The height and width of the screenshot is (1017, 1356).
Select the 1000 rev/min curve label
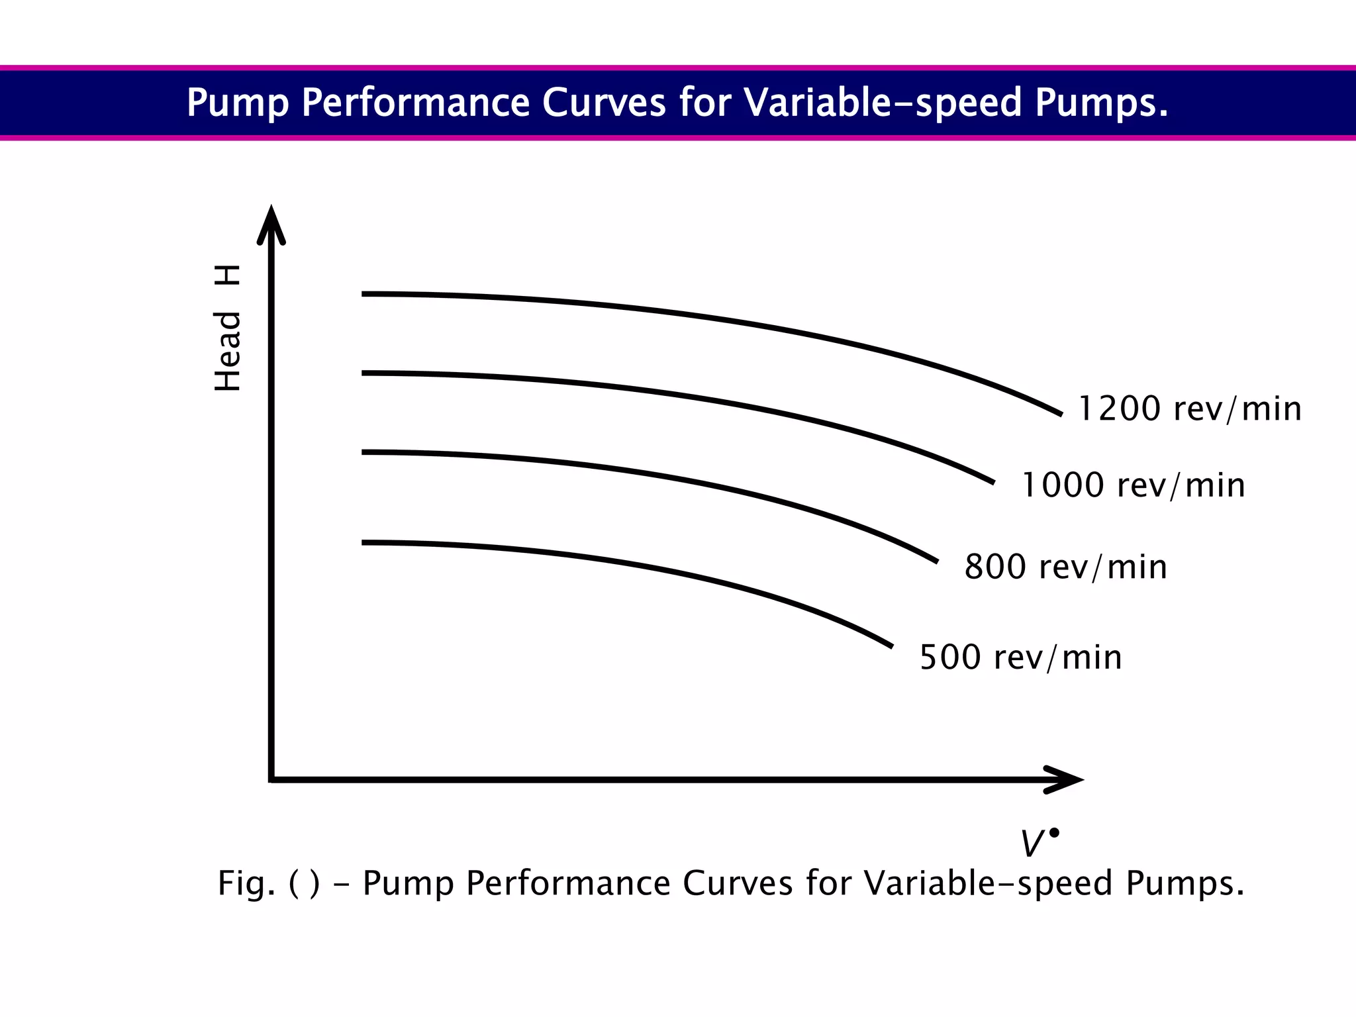(x=1134, y=485)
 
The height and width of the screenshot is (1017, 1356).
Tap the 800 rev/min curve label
(x=1065, y=567)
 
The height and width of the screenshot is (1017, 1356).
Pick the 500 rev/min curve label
(x=1021, y=657)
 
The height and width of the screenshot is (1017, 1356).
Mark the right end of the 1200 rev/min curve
(x=1061, y=414)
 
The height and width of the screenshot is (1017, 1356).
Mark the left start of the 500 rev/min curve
(x=364, y=543)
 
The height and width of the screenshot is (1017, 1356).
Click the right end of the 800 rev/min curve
(x=936, y=561)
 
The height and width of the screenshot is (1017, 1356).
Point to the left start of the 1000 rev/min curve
(x=364, y=373)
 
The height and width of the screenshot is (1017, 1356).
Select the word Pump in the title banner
(x=238, y=103)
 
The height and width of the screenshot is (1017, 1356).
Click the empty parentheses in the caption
(x=305, y=883)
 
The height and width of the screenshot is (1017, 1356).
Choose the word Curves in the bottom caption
(x=738, y=883)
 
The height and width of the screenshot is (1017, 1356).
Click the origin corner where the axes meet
(x=271, y=779)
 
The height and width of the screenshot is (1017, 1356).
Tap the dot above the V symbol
(x=1054, y=833)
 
